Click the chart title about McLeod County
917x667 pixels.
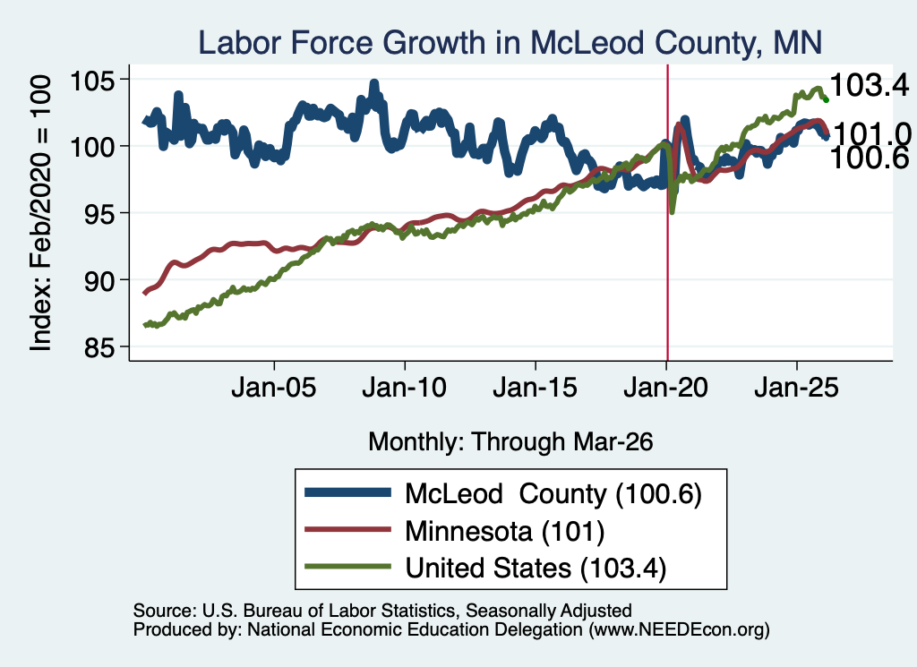(510, 42)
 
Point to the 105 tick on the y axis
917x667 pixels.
(92, 80)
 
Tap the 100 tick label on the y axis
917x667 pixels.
(92, 146)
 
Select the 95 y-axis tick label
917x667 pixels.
(99, 214)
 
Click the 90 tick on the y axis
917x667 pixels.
(99, 280)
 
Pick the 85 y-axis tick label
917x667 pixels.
(99, 347)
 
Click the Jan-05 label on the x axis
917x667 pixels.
(274, 388)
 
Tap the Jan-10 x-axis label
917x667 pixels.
(404, 388)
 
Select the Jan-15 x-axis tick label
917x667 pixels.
(536, 388)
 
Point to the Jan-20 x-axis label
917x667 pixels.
(665, 388)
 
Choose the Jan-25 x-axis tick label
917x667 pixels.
(796, 388)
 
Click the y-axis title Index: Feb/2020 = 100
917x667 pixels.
(40, 213)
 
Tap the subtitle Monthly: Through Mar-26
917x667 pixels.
(510, 442)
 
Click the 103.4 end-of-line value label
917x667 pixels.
(870, 85)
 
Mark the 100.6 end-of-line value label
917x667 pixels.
(870, 158)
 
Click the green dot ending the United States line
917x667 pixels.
(826, 100)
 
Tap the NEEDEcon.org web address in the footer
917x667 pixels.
(679, 629)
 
